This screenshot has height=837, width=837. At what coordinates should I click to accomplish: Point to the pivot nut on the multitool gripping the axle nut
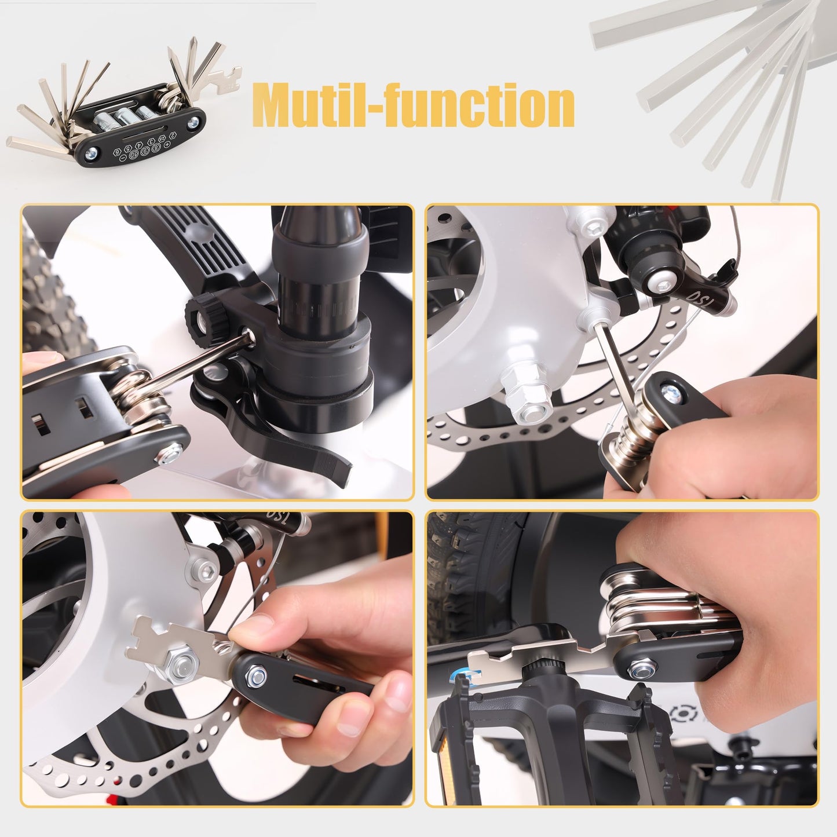coord(256,674)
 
